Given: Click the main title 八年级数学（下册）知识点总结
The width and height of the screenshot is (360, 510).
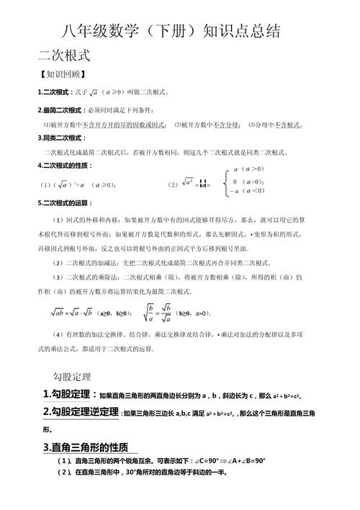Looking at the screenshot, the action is tap(180, 32).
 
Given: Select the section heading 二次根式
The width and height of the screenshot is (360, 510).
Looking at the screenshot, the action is tap(64, 55).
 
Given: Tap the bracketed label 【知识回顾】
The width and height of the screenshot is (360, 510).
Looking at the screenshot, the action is tap(63, 74).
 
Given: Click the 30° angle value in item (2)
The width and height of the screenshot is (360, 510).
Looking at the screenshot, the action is tap(131, 473).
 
